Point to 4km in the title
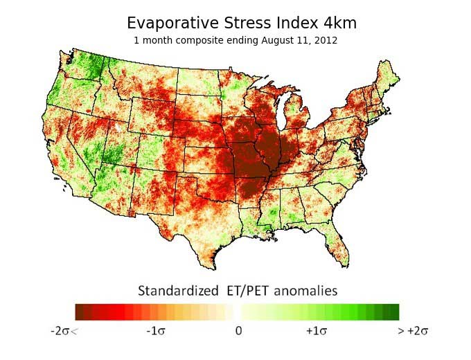coord(340,23)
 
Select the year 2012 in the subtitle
coord(325,40)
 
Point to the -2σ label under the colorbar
coord(64,331)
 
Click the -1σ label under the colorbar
coord(156,331)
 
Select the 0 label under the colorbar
coord(238,331)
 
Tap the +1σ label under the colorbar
coord(317,331)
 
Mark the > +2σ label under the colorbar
coord(413,331)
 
